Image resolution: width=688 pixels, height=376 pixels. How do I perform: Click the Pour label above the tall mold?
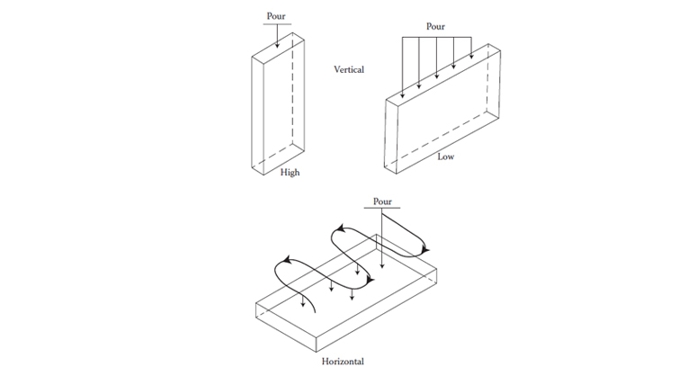pyautogui.click(x=276, y=16)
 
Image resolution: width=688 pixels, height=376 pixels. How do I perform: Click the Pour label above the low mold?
pyautogui.click(x=435, y=27)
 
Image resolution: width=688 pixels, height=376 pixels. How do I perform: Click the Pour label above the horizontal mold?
pyautogui.click(x=382, y=201)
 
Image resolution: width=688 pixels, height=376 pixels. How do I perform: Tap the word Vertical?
pyautogui.click(x=349, y=69)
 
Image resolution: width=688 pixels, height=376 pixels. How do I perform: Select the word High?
pyautogui.click(x=289, y=173)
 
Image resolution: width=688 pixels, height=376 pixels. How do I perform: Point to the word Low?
pyautogui.click(x=445, y=157)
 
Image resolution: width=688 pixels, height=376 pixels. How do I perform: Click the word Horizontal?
pyautogui.click(x=343, y=362)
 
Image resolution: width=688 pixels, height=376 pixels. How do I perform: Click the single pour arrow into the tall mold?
pyautogui.click(x=277, y=36)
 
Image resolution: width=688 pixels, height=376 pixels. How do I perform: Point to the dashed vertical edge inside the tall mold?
pyautogui.click(x=294, y=90)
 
